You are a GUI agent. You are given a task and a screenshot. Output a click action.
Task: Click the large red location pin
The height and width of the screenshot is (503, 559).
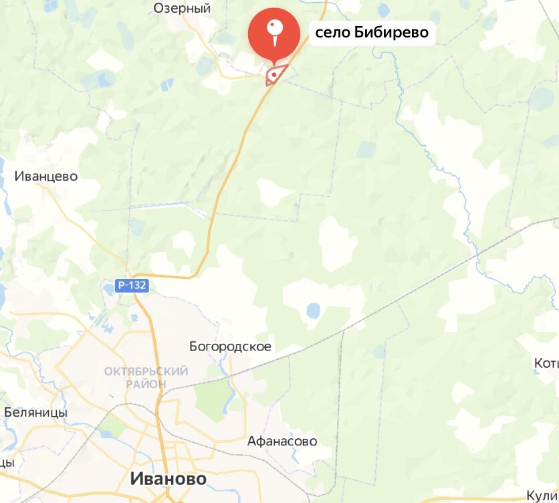coord(273,33)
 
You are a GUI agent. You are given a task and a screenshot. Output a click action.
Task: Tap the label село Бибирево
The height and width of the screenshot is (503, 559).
coord(372,32)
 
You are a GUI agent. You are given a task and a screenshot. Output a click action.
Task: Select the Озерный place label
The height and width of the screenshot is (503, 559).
coord(182,8)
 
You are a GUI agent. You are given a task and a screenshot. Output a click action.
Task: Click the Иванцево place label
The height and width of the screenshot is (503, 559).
coord(46,177)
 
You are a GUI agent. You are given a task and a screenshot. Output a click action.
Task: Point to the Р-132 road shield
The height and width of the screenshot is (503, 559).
coord(132,286)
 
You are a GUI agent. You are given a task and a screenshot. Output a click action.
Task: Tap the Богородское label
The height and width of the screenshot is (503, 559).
coord(230,346)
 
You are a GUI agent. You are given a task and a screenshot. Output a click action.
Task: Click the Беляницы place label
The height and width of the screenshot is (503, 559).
coord(35,412)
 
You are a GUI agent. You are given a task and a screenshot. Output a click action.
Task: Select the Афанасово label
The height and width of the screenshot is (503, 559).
coord(282,441)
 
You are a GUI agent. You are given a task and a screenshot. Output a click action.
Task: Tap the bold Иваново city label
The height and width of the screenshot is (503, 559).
coord(168,479)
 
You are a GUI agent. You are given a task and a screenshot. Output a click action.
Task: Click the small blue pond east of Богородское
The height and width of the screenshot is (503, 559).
coord(312,310)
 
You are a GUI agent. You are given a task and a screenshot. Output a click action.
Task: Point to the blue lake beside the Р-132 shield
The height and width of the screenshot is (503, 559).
coord(108,290)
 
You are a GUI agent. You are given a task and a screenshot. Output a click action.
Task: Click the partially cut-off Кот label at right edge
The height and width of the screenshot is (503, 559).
coord(546,363)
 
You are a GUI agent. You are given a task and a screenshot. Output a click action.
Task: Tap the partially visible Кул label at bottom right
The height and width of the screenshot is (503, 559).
coord(542,494)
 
